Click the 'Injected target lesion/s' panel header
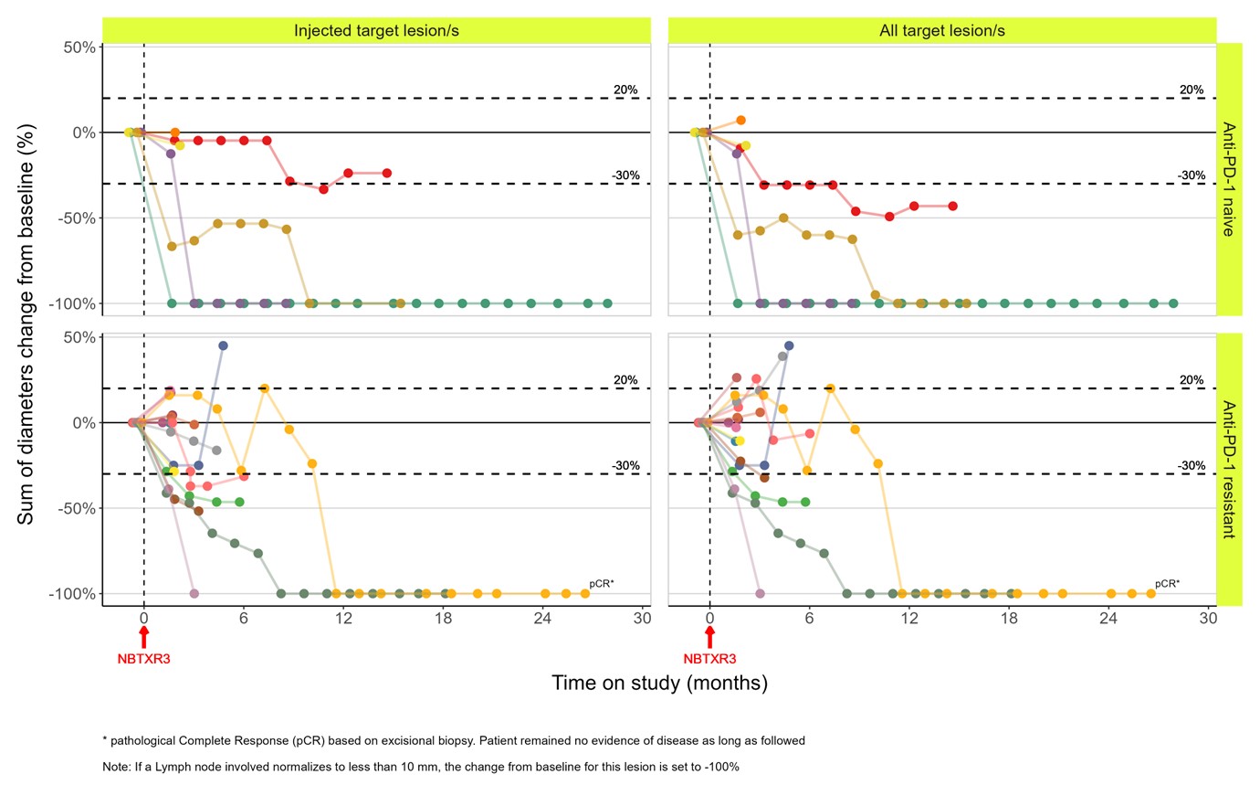(x=376, y=31)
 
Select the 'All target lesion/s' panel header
(x=941, y=31)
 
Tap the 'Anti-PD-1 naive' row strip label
(x=1229, y=179)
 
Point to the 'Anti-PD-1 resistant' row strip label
(x=1229, y=469)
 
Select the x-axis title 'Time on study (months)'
(x=659, y=683)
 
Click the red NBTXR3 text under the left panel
(x=143, y=659)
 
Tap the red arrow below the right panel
(x=709, y=636)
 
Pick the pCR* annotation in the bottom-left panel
(x=602, y=583)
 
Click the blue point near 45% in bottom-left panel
(x=223, y=345)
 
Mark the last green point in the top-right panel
(x=1173, y=303)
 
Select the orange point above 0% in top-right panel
(x=740, y=121)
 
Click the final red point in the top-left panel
(x=387, y=173)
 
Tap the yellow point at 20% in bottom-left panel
(x=264, y=388)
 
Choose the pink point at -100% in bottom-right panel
(x=760, y=594)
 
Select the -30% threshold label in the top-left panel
(x=625, y=175)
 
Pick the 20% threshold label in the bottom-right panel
(x=1192, y=380)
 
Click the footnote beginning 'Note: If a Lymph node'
(x=420, y=767)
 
